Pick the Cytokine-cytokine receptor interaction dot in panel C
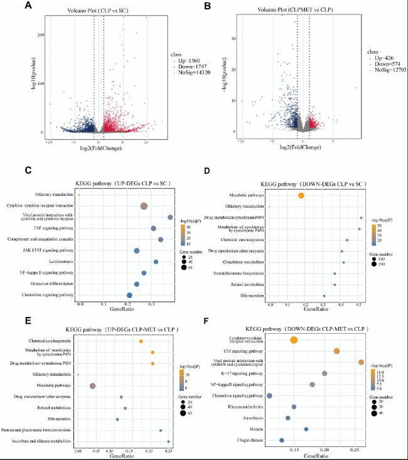coord(144,206)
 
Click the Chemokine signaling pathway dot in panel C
coord(130,295)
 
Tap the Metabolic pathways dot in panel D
coord(301,196)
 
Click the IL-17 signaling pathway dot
coord(325,373)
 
